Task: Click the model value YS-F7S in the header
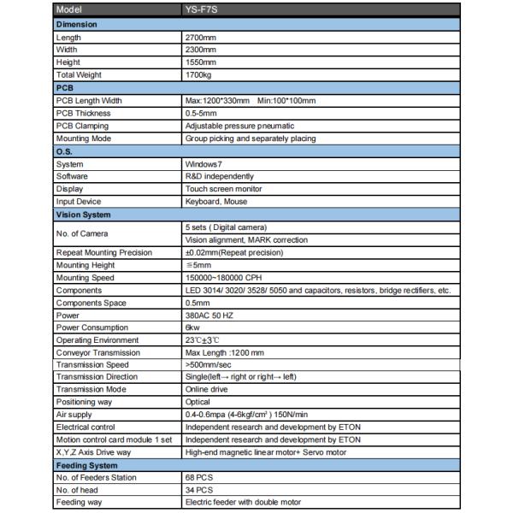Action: pos(200,11)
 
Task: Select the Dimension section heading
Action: pos(77,25)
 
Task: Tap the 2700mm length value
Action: pos(200,38)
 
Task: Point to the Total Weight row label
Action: pos(79,75)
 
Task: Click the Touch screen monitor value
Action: pos(223,189)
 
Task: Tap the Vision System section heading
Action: pos(84,215)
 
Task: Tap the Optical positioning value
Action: pos(198,402)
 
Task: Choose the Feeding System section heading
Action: pos(86,465)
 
